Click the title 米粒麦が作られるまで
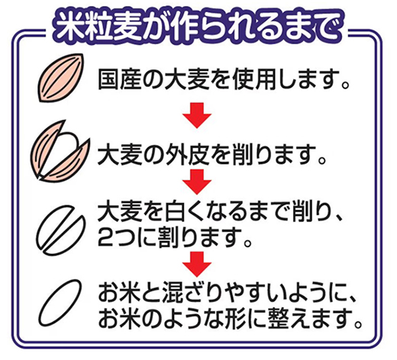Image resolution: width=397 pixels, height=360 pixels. pyautogui.click(x=198, y=27)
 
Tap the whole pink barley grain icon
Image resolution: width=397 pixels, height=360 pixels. pyautogui.click(x=60, y=78)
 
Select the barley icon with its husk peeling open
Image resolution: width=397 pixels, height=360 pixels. pyautogui.click(x=60, y=151)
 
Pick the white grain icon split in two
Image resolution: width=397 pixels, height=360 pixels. pyautogui.click(x=60, y=230)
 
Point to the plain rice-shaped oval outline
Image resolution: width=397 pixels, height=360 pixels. pyautogui.click(x=60, y=303)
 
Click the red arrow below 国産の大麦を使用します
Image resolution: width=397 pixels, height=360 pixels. pyautogui.click(x=197, y=115)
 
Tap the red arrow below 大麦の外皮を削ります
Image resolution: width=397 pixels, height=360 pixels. pyautogui.click(x=197, y=182)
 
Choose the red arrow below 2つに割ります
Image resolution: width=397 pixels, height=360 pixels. pyautogui.click(x=197, y=264)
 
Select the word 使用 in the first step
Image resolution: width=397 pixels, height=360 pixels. pyautogui.click(x=254, y=79)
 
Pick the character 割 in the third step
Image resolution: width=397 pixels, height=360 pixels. pyautogui.click(x=169, y=237)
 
